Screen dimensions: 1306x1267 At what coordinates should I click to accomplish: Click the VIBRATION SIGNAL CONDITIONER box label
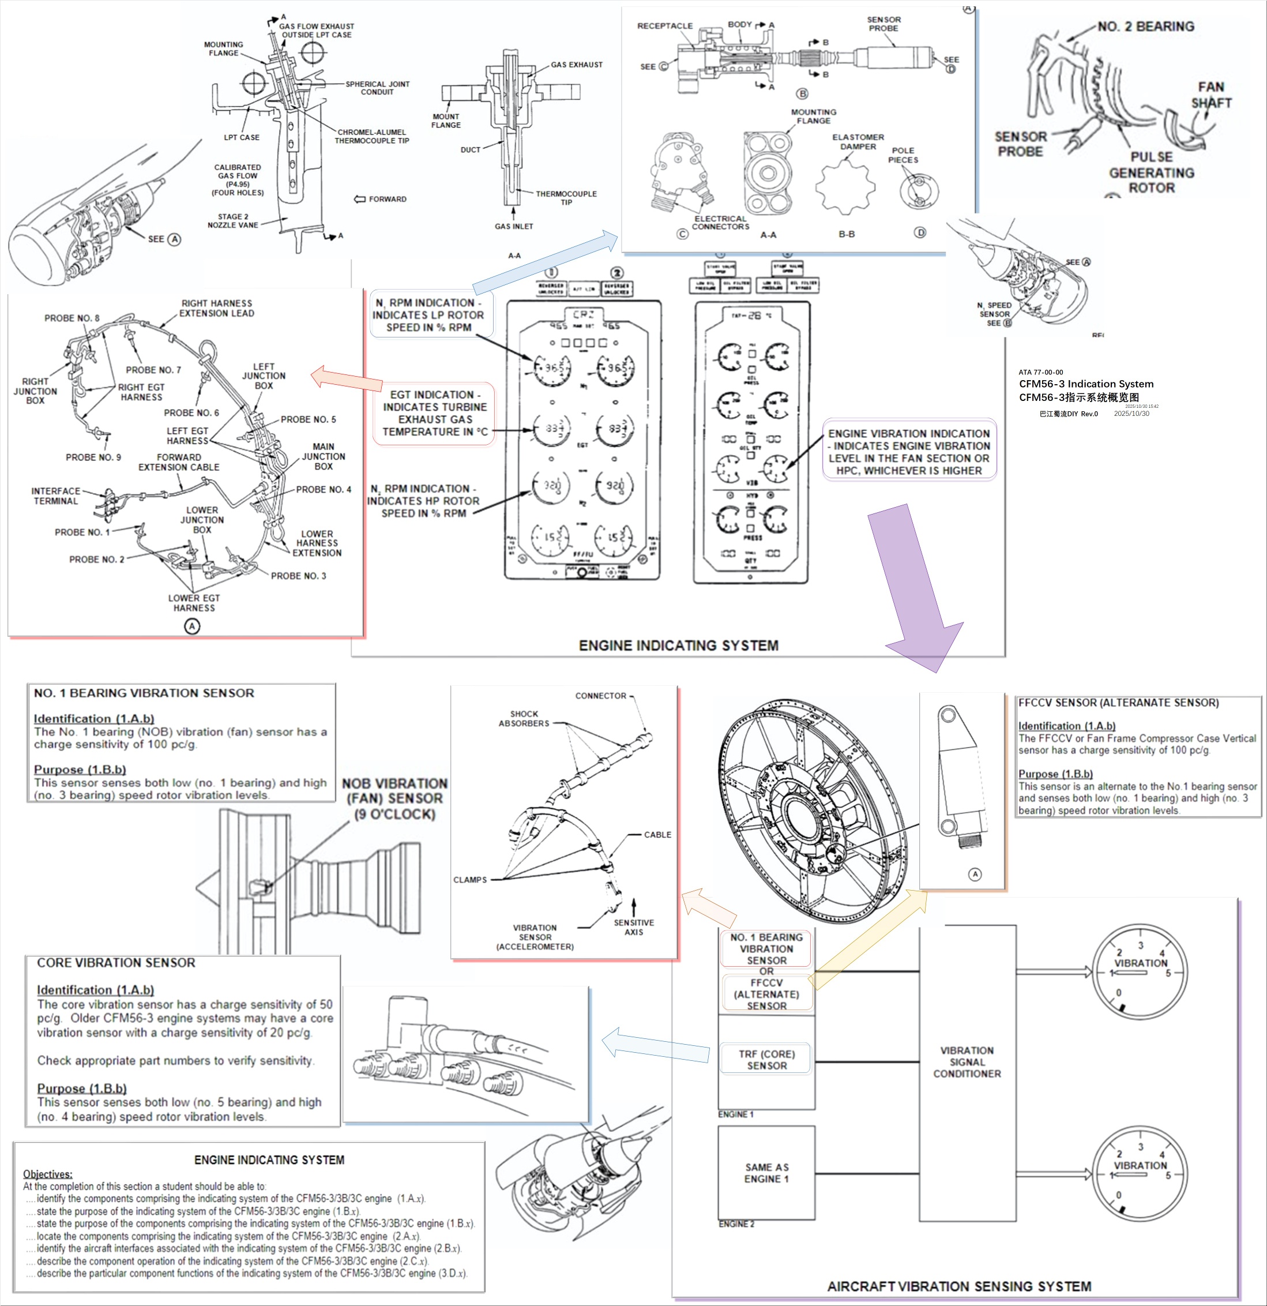pos(967,1061)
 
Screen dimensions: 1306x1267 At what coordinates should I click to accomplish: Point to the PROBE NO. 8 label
pos(72,318)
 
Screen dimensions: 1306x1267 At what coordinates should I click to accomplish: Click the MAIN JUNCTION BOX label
pos(323,456)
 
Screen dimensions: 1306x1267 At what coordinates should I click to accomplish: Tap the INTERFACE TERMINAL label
pos(55,496)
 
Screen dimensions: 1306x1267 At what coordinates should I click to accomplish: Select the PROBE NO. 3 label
pos(298,576)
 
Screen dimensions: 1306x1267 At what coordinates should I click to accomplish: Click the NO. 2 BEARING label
pos(1146,27)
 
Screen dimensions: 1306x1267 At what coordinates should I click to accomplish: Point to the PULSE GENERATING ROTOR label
pos(1151,172)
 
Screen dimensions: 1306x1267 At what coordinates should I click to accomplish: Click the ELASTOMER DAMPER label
pos(858,141)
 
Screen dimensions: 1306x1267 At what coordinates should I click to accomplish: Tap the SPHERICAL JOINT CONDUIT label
pos(377,88)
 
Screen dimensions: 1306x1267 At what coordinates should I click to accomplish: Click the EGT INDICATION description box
pos(435,413)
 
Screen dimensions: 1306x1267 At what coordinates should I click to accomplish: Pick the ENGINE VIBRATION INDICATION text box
pos(909,452)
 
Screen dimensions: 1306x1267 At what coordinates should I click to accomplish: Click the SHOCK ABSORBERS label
pos(524,718)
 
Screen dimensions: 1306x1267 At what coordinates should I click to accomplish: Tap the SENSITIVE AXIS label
pos(633,927)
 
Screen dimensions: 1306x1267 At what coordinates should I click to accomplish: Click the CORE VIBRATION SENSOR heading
pos(116,963)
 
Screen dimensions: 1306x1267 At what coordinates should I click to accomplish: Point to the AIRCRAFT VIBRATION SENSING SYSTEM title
pos(958,1286)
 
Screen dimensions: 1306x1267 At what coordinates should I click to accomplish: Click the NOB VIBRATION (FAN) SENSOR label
pos(394,798)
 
